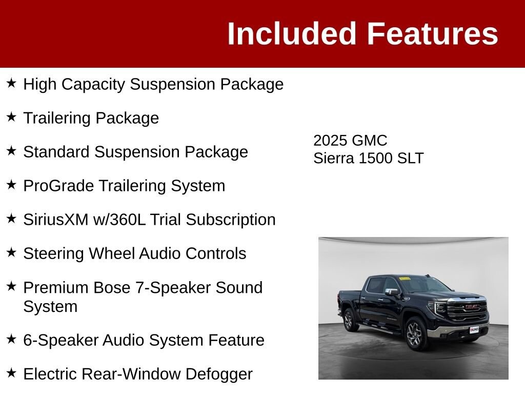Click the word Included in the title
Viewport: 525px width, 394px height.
[x=291, y=33]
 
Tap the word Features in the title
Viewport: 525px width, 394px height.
[x=433, y=33]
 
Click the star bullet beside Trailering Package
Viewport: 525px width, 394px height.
[x=11, y=117]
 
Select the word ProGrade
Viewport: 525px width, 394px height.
[x=58, y=186]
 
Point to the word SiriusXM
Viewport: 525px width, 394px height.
[x=55, y=220]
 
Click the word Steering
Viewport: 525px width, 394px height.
[x=53, y=253]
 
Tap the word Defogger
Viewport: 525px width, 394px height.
[x=219, y=374]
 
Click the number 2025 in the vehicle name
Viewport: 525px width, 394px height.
[x=330, y=141]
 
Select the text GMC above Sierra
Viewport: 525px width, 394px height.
[x=370, y=141]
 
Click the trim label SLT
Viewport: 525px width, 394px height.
[x=410, y=158]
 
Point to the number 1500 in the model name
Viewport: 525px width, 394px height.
[x=375, y=158]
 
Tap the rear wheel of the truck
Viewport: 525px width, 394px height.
[x=349, y=320]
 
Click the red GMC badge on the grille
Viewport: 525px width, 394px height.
[x=472, y=307]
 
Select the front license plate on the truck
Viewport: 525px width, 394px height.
[x=474, y=330]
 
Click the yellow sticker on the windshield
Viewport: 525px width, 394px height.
[x=405, y=278]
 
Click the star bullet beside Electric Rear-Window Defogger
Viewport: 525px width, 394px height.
[x=11, y=372]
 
